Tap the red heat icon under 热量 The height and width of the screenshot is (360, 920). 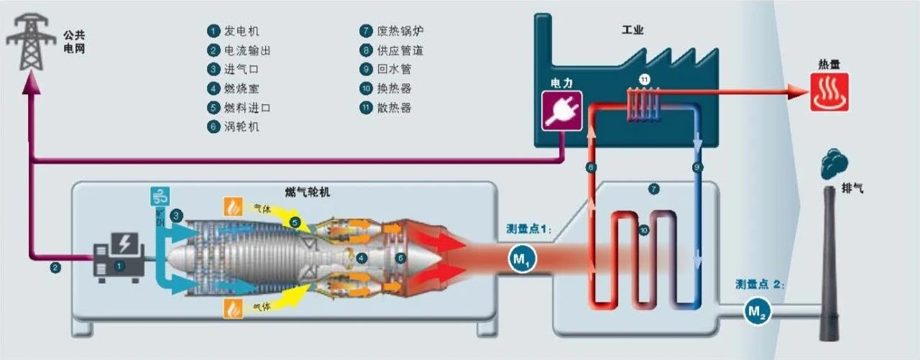coord(829,93)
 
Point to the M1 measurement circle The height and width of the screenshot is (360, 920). coord(523,259)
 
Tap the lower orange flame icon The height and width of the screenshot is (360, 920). coord(233,308)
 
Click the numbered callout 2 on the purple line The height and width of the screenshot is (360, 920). coord(55,268)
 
